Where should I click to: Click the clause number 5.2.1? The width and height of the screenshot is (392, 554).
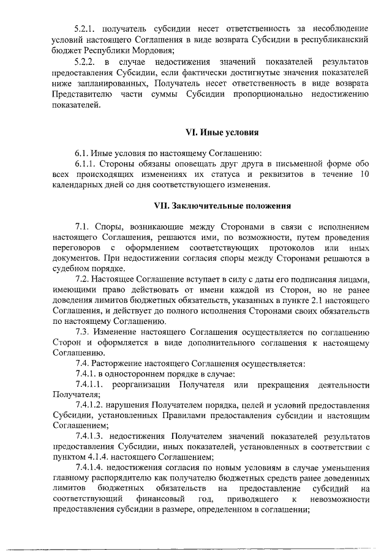[x=85, y=29]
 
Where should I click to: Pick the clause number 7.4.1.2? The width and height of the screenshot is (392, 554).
[x=90, y=406]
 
